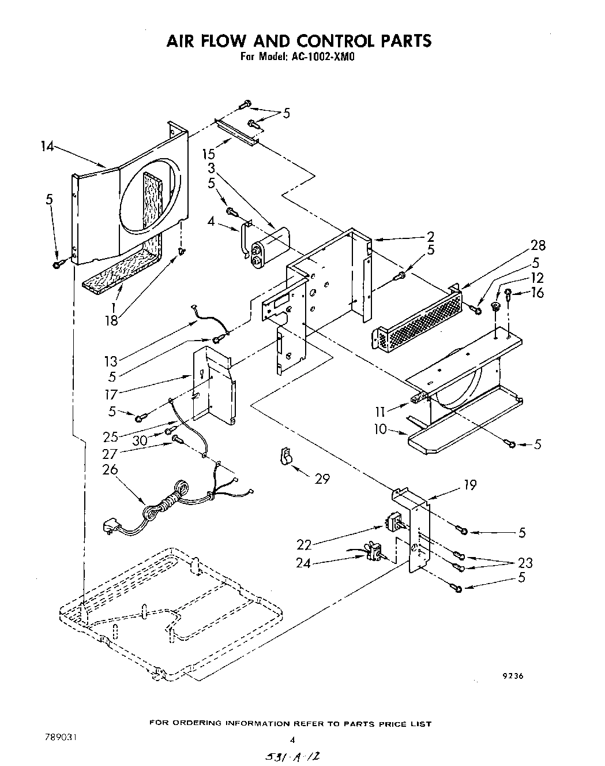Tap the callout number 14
(47, 147)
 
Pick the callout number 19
(470, 485)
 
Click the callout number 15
(209, 155)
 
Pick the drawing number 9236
(512, 677)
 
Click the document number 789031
(59, 738)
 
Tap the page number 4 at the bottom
(292, 739)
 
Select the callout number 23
(525, 562)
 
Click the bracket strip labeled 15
(237, 132)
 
